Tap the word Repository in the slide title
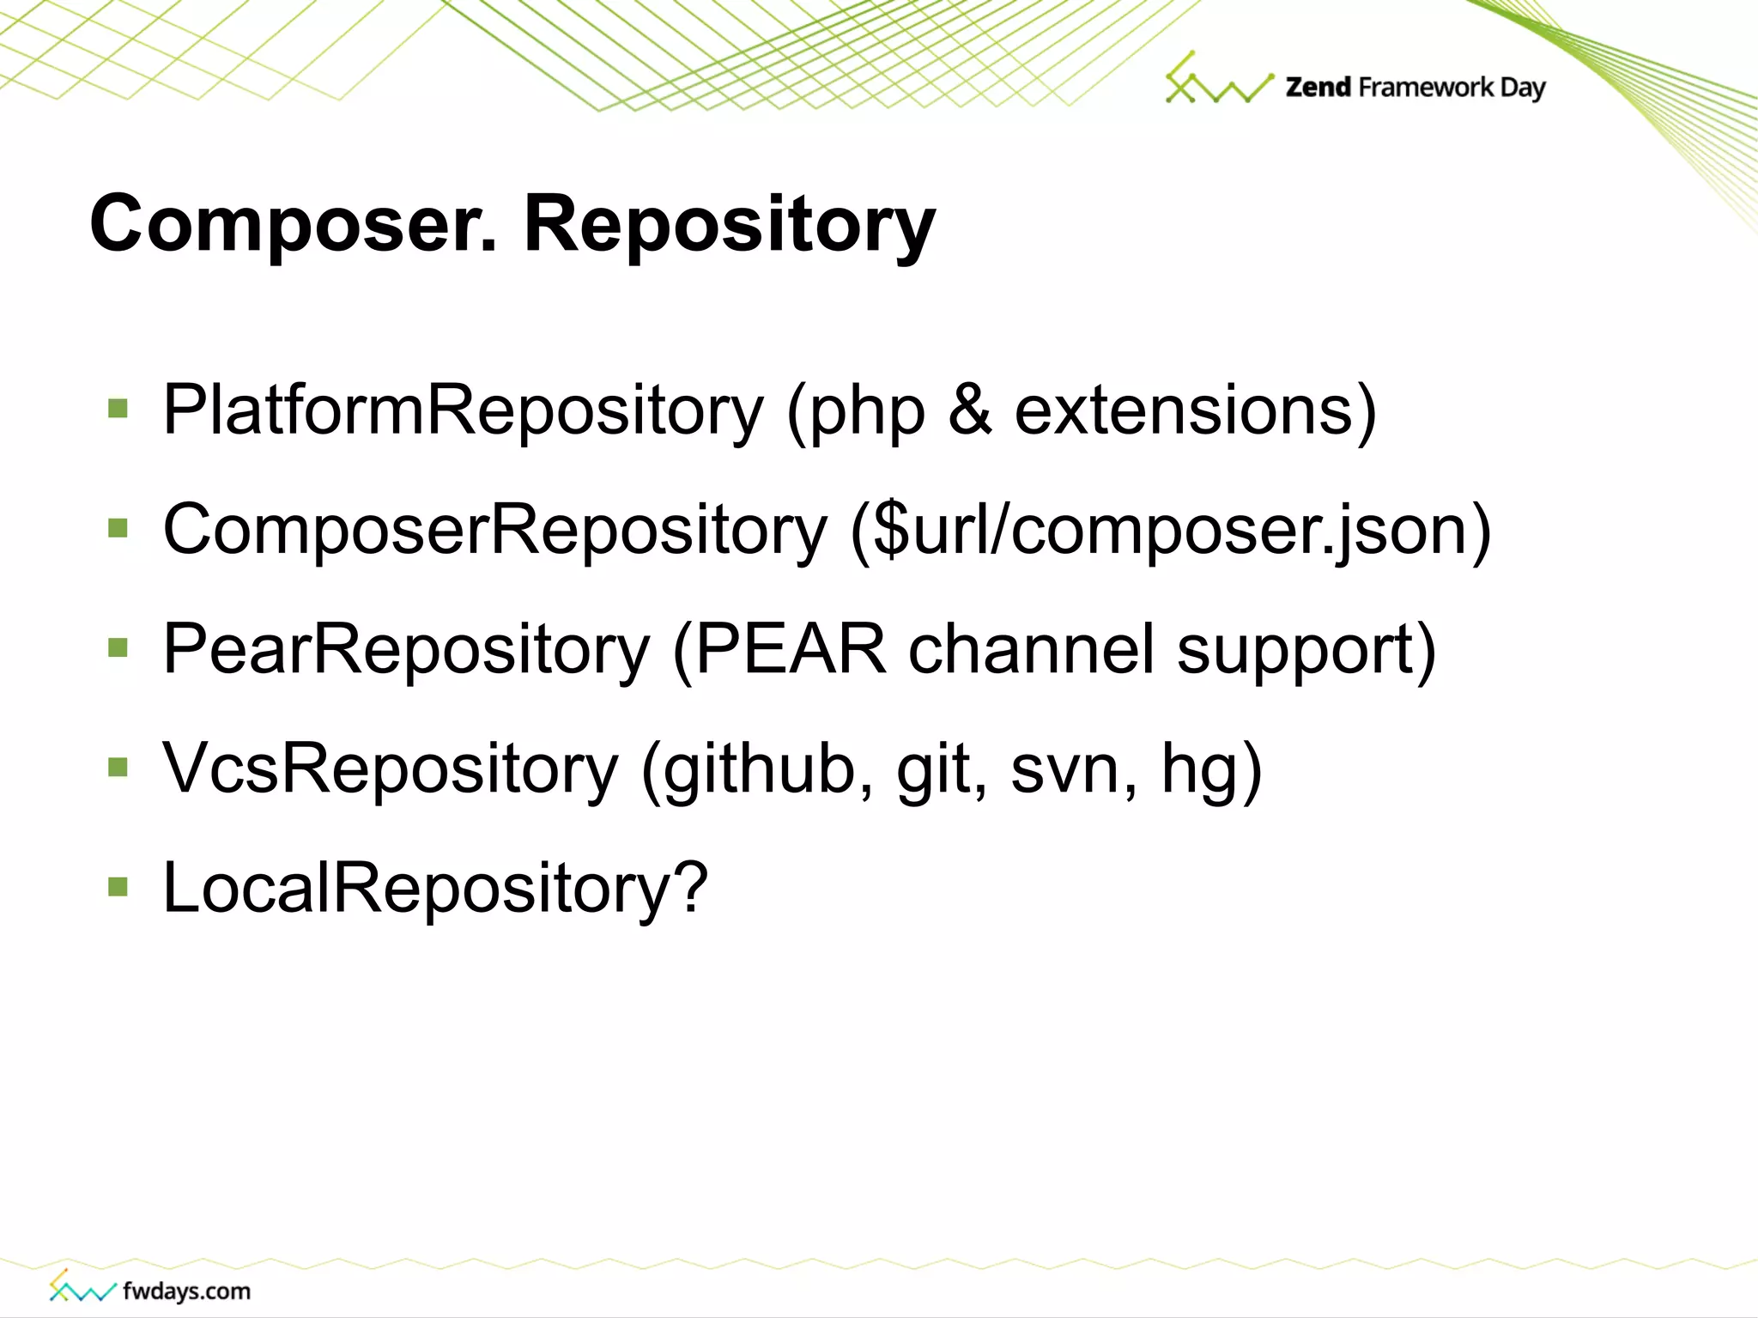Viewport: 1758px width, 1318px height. click(x=730, y=225)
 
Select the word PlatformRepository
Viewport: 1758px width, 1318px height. click(x=463, y=411)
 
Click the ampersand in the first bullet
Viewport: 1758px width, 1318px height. click(x=970, y=410)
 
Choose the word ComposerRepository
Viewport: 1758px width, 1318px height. click(x=495, y=531)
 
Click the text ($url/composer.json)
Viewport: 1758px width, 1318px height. click(x=1171, y=531)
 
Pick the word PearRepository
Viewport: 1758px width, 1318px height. click(x=406, y=650)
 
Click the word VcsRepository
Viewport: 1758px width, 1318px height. click(x=391, y=769)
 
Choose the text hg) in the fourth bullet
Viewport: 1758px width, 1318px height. click(x=1211, y=769)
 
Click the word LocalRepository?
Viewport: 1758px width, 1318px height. click(x=435, y=889)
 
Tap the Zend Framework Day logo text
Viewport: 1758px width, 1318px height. click(x=1415, y=88)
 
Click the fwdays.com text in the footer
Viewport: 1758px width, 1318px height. click(x=186, y=1291)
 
